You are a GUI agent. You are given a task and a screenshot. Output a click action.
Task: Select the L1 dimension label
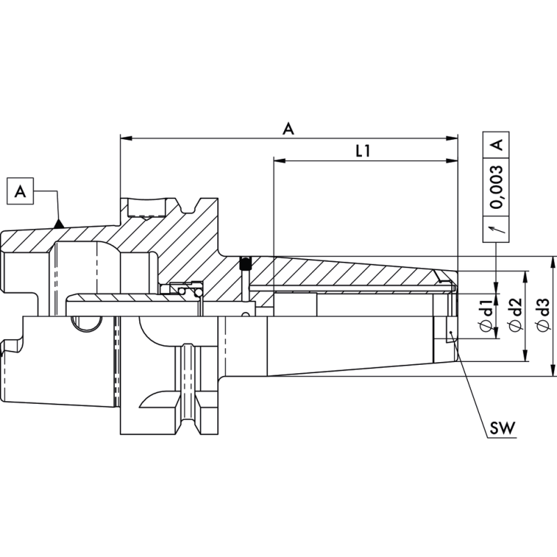362,151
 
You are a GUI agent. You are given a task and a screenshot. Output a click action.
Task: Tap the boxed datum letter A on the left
20,191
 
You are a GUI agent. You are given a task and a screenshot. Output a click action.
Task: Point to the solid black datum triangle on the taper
60,223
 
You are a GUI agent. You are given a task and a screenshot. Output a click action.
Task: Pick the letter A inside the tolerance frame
497,145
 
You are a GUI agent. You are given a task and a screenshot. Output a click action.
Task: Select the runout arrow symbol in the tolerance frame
497,228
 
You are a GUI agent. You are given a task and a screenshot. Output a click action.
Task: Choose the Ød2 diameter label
516,313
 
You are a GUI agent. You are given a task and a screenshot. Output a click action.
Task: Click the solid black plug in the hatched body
244,263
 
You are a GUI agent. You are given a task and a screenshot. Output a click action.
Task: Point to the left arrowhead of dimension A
125,138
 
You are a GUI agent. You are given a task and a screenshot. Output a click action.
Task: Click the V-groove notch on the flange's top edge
187,207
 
